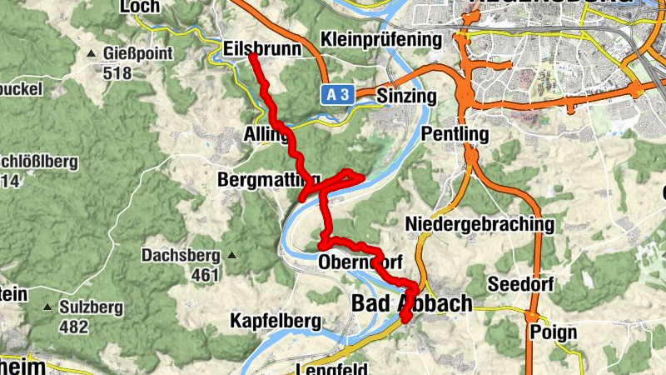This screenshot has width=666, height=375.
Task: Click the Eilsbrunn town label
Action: pos(262,49)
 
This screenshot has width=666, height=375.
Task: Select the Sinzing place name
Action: pos(406,96)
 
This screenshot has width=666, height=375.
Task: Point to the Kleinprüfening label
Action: pos(380,39)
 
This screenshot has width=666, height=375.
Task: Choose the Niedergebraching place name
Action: pos(480,223)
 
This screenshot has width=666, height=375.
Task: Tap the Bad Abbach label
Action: pos(412,303)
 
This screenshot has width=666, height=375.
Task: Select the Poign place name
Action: pos(552,332)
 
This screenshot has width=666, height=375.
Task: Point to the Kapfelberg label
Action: pos(276,320)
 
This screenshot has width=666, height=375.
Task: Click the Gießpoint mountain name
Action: pos(138,54)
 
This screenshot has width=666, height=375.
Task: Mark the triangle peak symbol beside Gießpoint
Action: pos(91,54)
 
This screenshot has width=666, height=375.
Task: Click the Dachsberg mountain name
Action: pos(180,255)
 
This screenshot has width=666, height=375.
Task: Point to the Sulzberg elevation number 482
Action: pos(74,327)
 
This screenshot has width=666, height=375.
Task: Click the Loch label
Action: pos(139,7)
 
